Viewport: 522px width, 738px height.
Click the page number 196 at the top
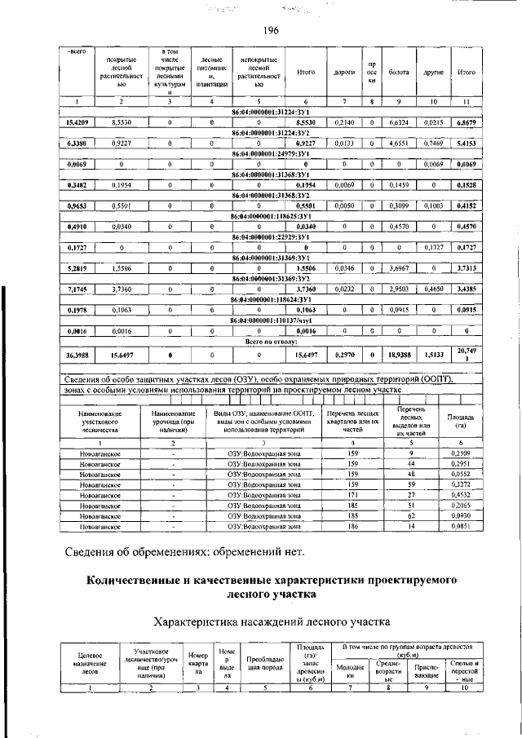coord(271,30)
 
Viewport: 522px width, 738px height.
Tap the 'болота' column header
coord(399,73)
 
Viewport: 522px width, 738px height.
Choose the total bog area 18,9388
coord(399,378)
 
